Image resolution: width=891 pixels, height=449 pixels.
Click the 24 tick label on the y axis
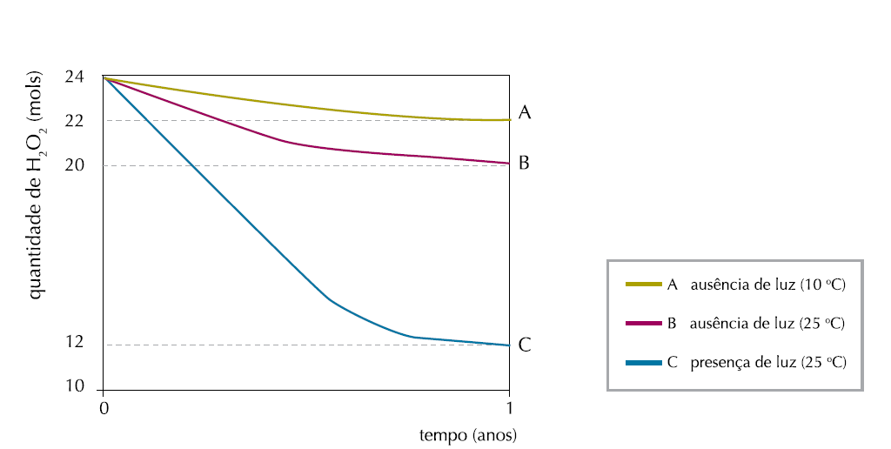tap(74, 77)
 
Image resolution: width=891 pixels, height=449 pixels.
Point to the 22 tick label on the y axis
tap(74, 121)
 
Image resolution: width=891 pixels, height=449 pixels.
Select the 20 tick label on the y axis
tap(74, 165)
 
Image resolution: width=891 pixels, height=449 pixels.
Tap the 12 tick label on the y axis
tap(74, 342)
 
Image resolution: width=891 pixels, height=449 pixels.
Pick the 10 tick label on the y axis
tap(74, 386)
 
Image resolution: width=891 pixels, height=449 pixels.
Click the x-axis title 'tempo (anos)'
tap(468, 434)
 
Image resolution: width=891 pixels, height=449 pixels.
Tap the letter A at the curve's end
tap(525, 112)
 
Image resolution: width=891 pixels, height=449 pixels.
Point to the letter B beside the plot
tap(524, 163)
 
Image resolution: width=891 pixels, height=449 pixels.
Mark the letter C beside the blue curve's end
tap(525, 345)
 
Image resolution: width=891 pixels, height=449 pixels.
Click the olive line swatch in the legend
tap(644, 285)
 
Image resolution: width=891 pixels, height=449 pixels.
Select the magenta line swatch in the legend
tap(644, 324)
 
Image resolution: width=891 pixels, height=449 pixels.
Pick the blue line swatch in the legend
tap(644, 362)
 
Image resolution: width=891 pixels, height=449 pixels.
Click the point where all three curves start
tap(104, 77)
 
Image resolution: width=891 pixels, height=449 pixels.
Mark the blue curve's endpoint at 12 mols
tap(508, 345)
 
